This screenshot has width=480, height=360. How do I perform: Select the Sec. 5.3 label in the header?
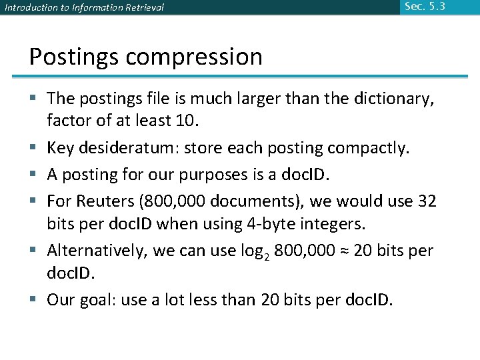[x=424, y=7]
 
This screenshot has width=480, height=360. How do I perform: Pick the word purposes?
[x=234, y=175]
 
